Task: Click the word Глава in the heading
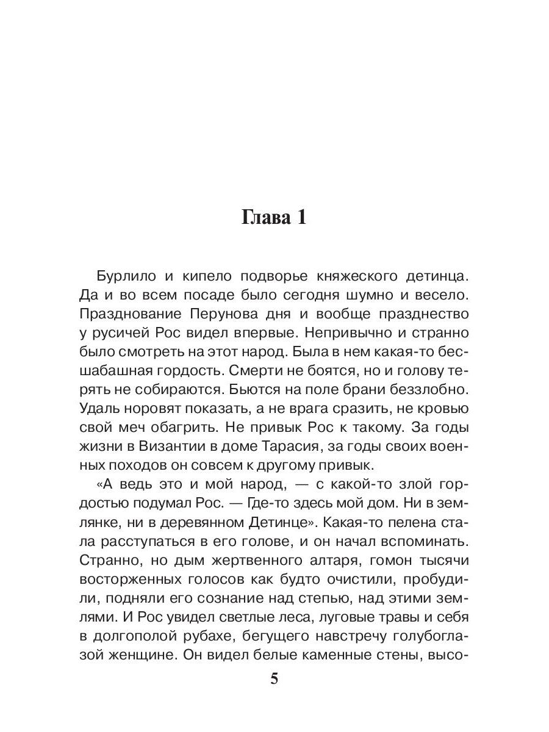pyautogui.click(x=263, y=218)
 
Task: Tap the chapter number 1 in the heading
pyautogui.click(x=301, y=218)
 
